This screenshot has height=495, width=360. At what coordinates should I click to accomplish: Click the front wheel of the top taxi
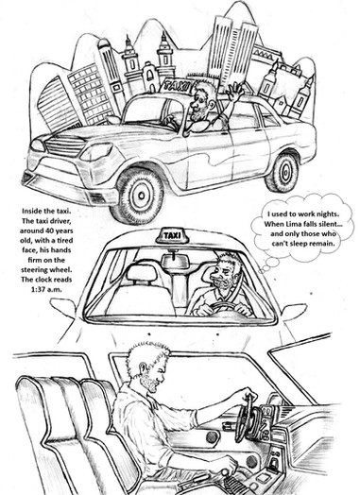pos(139,196)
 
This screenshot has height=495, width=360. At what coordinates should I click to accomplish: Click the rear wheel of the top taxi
pos(283,172)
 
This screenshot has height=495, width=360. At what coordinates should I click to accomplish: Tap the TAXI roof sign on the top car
pos(177,85)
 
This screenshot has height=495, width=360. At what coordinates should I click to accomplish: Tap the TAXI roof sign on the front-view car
pos(172,235)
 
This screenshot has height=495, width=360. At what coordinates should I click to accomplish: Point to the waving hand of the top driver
pos(235,90)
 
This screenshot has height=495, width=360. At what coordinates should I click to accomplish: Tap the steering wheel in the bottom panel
pos(245,418)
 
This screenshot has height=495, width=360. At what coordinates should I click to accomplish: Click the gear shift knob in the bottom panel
pos(225,472)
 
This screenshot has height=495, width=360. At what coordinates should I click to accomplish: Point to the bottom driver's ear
pos(143,367)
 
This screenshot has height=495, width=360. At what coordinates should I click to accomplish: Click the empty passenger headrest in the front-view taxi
pos(142,272)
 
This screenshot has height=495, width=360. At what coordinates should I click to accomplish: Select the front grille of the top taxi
pos(64,145)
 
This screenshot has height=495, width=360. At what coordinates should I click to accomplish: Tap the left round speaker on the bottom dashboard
pos(213,436)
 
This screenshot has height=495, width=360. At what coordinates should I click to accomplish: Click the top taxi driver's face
pos(198,103)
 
